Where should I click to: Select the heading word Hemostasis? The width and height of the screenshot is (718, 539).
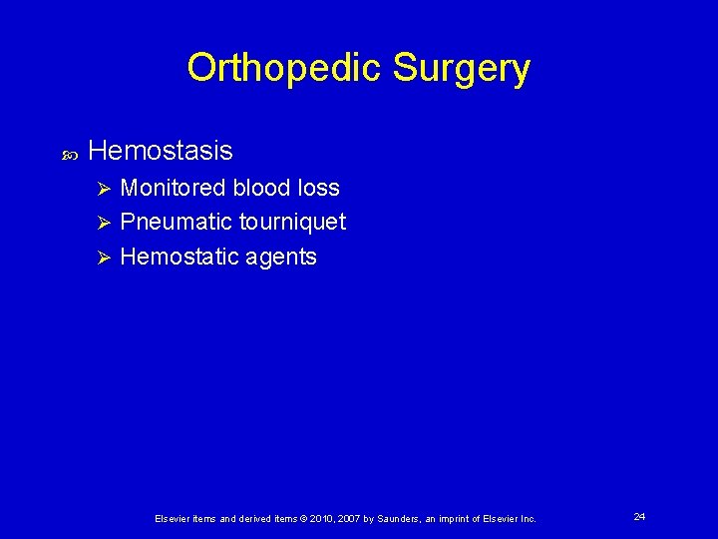click(x=161, y=151)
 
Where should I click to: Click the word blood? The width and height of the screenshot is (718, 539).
click(x=264, y=188)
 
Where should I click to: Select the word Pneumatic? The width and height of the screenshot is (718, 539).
click(x=176, y=222)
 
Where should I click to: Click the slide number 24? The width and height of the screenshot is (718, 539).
click(x=639, y=516)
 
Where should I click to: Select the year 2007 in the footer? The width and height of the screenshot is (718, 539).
click(x=347, y=519)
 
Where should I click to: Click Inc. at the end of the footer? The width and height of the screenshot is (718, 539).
click(x=527, y=519)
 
